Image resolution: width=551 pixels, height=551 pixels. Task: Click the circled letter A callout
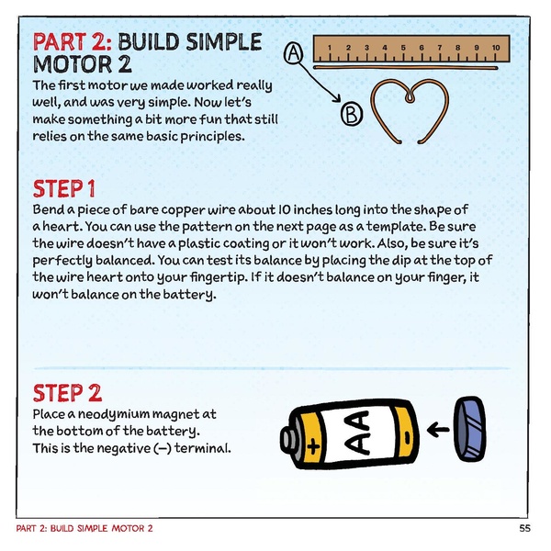click(293, 54)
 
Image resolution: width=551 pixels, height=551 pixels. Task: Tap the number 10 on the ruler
click(494, 46)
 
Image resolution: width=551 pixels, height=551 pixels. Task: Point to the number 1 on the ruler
click(329, 46)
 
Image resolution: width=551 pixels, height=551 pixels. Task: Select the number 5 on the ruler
click(402, 46)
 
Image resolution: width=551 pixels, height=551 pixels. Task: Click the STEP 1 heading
click(64, 189)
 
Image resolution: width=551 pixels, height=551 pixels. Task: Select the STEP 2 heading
click(66, 393)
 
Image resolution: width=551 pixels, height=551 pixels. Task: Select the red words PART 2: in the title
click(73, 42)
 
